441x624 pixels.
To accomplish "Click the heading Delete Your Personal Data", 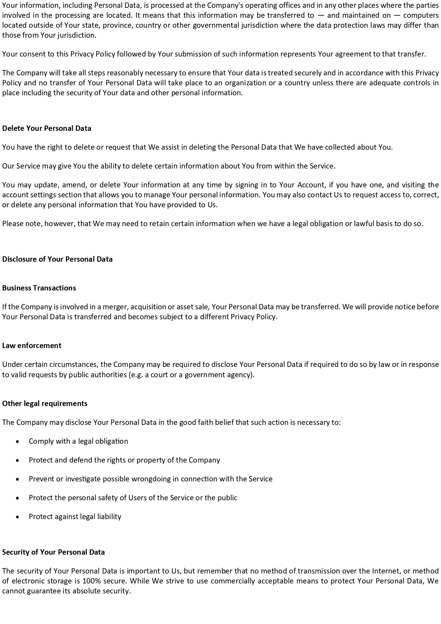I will (x=47, y=128).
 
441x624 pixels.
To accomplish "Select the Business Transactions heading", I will (x=39, y=288).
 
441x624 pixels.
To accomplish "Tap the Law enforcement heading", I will (x=32, y=346).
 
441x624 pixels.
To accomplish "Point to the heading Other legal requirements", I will (x=45, y=404).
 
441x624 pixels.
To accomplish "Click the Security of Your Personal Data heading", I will (x=53, y=552).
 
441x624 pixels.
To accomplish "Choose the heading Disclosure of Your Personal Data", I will (x=57, y=259).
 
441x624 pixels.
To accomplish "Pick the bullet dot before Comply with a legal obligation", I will (x=18, y=442).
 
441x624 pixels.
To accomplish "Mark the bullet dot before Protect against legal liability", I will (x=18, y=517).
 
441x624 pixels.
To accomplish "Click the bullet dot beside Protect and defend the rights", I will (x=18, y=460).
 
